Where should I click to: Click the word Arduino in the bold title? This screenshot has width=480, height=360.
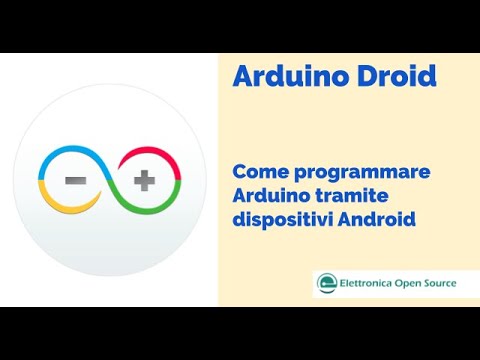click(x=282, y=77)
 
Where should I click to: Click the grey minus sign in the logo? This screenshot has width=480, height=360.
click(x=76, y=182)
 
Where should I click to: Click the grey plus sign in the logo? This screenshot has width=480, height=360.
click(x=145, y=182)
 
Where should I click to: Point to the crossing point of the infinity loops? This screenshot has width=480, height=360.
click(x=110, y=182)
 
